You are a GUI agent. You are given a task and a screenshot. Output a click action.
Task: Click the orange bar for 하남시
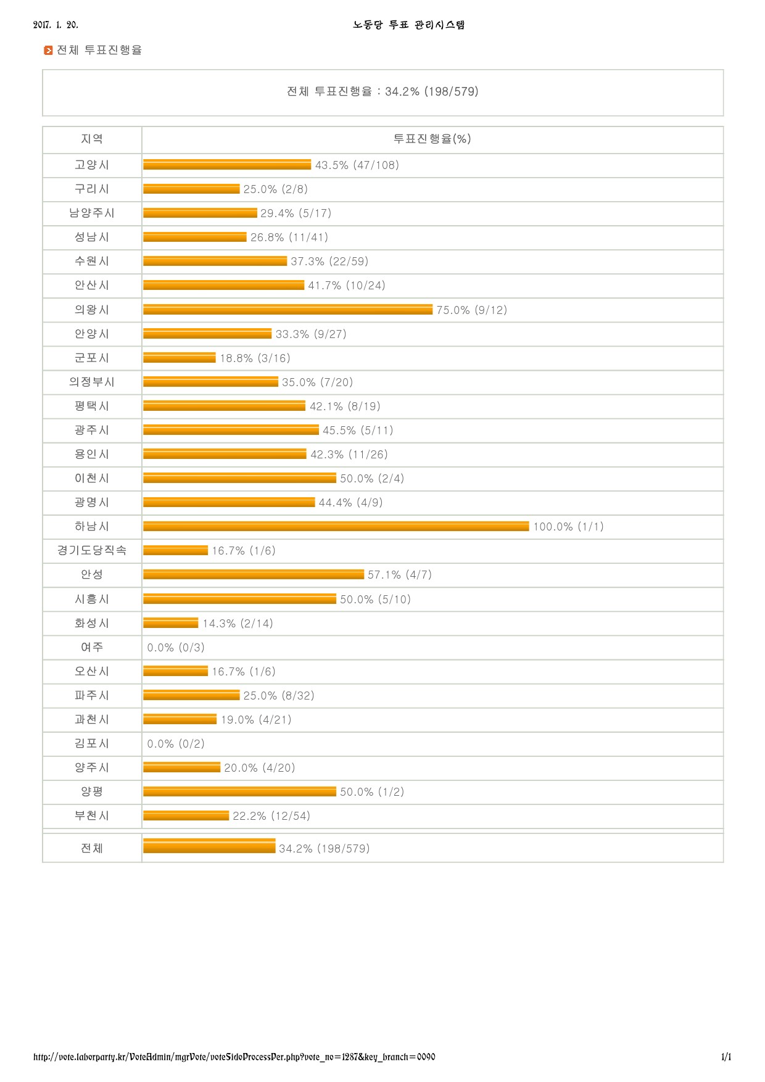click(x=336, y=526)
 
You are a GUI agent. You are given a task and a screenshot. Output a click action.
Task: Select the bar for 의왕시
click(x=287, y=310)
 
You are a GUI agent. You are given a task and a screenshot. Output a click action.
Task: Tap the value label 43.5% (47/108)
click(x=357, y=165)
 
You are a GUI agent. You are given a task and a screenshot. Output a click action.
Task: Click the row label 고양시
click(x=92, y=165)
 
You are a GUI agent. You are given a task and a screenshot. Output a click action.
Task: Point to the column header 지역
click(x=92, y=139)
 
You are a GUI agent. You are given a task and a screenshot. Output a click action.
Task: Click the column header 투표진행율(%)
click(x=432, y=139)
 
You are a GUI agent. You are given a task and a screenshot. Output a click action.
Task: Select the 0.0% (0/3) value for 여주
click(x=176, y=648)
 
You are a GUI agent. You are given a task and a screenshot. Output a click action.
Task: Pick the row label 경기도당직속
click(x=92, y=550)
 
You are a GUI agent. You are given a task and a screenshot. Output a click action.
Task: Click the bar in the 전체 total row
click(x=209, y=846)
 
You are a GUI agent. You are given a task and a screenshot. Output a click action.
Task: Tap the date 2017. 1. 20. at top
click(x=56, y=25)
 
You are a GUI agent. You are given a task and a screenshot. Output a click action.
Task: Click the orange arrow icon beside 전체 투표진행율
click(x=48, y=51)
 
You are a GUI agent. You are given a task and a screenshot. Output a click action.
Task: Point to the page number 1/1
click(x=726, y=1057)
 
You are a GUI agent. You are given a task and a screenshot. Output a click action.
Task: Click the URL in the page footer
click(x=234, y=1057)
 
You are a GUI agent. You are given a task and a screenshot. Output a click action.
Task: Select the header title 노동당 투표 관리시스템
click(x=409, y=25)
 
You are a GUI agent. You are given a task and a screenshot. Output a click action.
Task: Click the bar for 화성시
click(x=171, y=623)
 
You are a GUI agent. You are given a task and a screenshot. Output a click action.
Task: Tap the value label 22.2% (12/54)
click(x=271, y=816)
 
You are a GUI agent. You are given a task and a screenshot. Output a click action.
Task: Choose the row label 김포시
click(x=92, y=744)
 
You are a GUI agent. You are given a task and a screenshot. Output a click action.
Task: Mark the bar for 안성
click(x=254, y=574)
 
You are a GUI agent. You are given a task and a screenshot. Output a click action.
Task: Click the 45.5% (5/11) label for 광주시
click(x=358, y=431)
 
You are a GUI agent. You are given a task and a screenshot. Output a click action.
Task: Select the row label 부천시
click(x=92, y=816)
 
